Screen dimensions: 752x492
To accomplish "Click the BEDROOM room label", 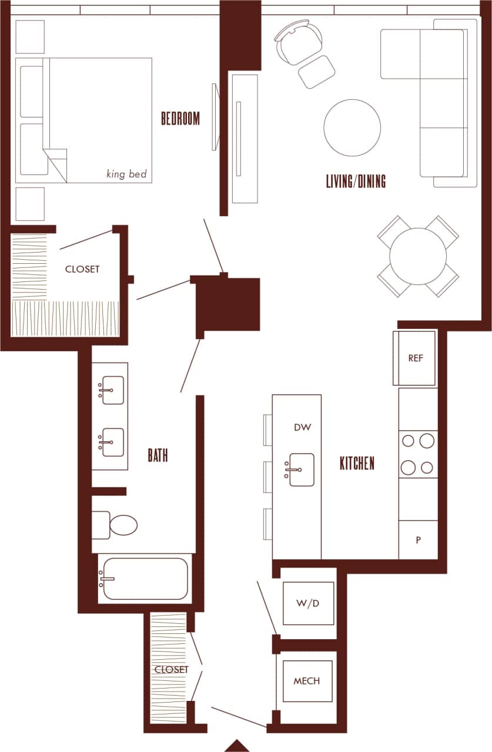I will point(180,119).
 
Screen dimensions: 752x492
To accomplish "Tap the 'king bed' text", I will point(126,174).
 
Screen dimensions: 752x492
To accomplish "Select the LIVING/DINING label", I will point(356,181).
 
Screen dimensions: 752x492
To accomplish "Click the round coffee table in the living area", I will point(352,127).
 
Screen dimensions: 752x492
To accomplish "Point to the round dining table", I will point(418,256).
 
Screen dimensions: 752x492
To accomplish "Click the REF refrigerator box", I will point(415,358).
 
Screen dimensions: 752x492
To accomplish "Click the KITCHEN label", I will point(357,464).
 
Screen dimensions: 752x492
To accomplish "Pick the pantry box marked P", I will point(418,540).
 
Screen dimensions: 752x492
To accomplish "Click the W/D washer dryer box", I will point(308,603).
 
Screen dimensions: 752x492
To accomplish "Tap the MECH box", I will point(307,681).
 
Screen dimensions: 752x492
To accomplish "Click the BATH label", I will point(158,455).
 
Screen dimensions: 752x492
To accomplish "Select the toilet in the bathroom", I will point(118,525).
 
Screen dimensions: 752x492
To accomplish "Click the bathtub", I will point(145,579).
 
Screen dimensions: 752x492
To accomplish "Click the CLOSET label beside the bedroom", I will point(82,269).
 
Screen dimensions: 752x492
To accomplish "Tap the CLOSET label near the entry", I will point(171,670).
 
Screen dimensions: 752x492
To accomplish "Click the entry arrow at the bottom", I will point(237,746).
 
